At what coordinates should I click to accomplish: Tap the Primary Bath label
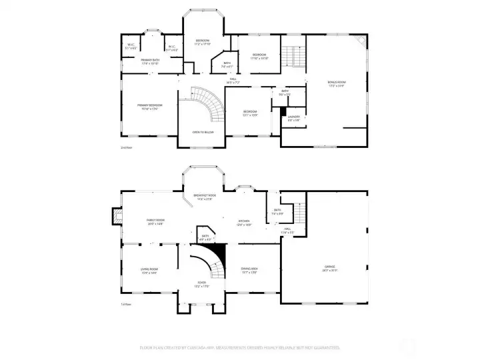[x=150, y=61]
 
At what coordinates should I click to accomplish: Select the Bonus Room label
[x=337, y=83]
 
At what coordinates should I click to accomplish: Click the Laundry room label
[x=293, y=118]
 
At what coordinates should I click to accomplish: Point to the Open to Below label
[x=203, y=132]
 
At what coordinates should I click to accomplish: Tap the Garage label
[x=330, y=268]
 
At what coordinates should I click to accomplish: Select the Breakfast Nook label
[x=205, y=197]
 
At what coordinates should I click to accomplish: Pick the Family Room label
[x=155, y=221]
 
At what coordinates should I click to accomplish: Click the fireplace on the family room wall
[x=117, y=216]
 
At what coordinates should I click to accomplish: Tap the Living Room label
[x=149, y=271]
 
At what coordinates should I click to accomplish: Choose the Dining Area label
[x=249, y=270]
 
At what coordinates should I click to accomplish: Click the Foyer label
[x=201, y=284]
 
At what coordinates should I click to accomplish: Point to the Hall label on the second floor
[x=234, y=80]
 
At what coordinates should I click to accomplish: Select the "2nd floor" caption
[x=126, y=147]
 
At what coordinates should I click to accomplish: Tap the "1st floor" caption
[x=126, y=305]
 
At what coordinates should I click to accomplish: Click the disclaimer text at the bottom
[x=240, y=347]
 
